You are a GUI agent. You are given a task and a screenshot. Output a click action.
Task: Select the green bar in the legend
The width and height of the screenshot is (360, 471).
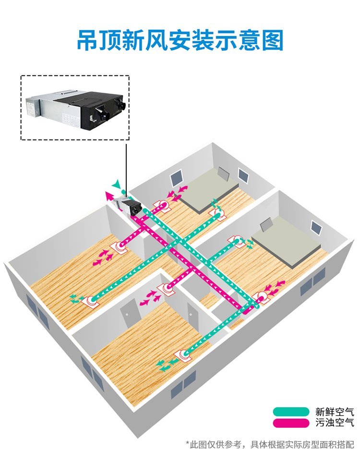coord(291,412)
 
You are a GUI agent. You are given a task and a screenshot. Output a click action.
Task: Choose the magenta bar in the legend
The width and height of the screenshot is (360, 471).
coord(291,423)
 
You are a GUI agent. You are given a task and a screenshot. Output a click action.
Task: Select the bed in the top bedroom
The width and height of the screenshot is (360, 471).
coord(212,190)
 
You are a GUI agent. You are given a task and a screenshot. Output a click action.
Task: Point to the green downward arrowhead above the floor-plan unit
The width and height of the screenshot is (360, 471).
coord(115,185)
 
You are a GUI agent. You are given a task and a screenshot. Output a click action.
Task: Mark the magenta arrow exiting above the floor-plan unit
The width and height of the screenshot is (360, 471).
coord(110,195)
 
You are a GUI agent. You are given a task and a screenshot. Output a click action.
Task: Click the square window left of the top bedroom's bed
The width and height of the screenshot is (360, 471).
coord(176,178)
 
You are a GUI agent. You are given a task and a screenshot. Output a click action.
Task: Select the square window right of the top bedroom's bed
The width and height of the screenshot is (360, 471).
coord(243,175)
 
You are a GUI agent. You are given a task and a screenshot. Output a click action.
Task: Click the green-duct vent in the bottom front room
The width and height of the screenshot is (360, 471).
coord(184,354)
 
